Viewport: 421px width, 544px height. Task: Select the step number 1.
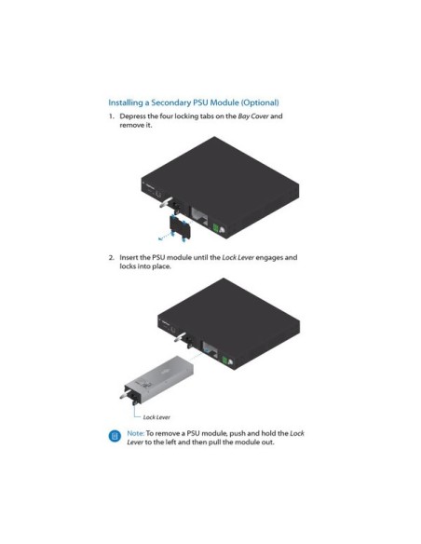(x=112, y=116)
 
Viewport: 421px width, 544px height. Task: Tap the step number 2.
(x=112, y=257)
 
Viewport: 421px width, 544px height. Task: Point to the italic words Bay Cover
(x=253, y=116)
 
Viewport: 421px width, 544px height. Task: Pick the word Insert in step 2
(x=128, y=257)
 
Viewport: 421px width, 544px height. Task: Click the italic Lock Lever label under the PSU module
(x=156, y=417)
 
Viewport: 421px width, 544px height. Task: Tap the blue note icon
(x=115, y=436)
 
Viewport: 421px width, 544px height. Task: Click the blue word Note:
(x=136, y=433)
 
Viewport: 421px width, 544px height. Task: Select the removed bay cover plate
(x=180, y=226)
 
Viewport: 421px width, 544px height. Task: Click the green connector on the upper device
(x=215, y=228)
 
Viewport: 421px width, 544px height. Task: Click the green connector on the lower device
(x=224, y=360)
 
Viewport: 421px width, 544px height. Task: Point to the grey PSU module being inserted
(x=157, y=379)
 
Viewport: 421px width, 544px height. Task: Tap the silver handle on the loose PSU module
(x=125, y=395)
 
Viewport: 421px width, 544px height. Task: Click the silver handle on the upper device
(x=166, y=202)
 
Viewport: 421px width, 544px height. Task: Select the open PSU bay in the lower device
(x=210, y=350)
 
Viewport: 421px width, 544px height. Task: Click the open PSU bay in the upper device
(x=199, y=216)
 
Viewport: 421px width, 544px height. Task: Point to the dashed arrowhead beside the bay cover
(x=160, y=238)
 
